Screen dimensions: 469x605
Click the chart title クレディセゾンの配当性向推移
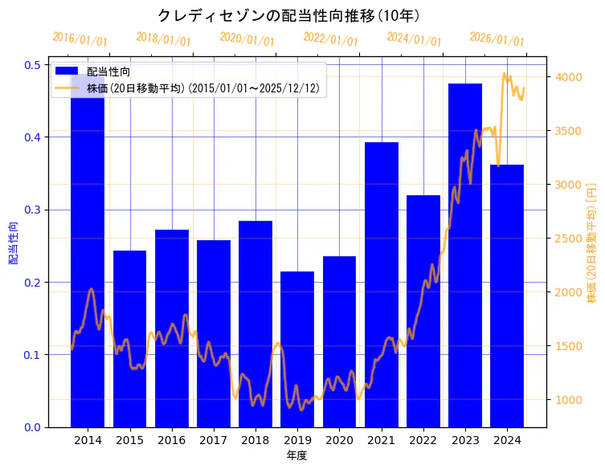coord(288,15)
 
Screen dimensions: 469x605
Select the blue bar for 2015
coord(129,337)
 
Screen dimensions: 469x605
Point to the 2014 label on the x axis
coord(88,440)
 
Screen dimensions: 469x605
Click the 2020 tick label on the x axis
coord(339,440)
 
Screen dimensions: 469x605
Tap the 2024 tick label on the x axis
coord(507,440)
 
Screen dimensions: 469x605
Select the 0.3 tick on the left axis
coord(31,210)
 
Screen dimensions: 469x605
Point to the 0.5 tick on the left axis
coord(31,64)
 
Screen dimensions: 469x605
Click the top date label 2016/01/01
coord(80,39)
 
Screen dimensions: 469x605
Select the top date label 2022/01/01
coord(330,39)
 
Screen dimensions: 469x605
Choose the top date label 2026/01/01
coord(497,39)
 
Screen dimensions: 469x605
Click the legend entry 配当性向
coord(108,71)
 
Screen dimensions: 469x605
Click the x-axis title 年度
coord(297,455)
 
